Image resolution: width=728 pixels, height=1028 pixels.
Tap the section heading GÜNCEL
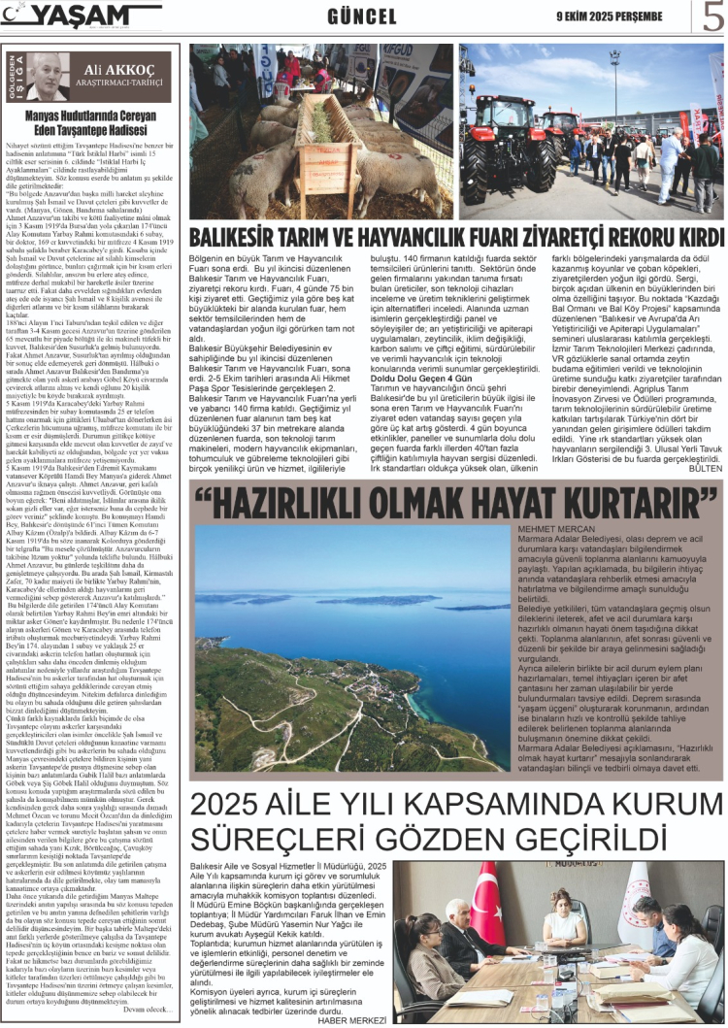pos(362,17)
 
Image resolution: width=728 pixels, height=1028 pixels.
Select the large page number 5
pos(712,17)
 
